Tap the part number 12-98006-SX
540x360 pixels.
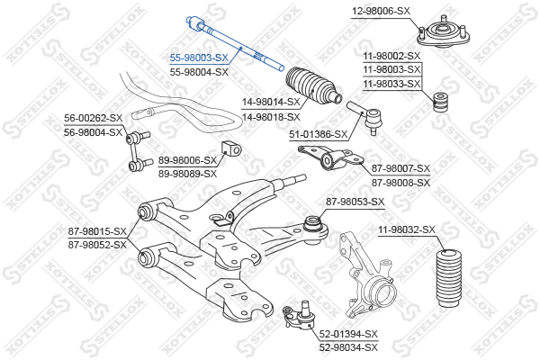tap(380, 10)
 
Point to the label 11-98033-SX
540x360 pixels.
tap(391, 84)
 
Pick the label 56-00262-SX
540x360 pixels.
tap(93, 118)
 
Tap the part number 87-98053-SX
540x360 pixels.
tap(355, 201)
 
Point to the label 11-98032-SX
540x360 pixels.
tap(407, 230)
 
